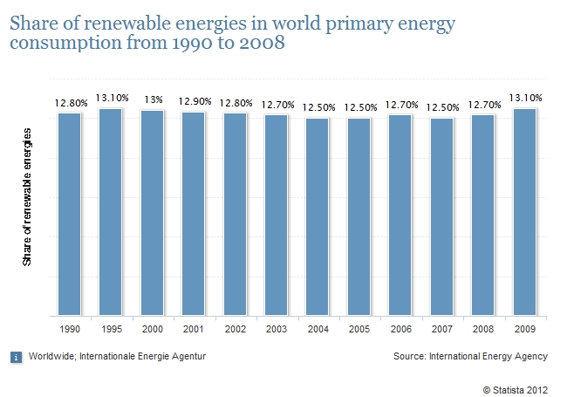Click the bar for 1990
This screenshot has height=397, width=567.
point(69,214)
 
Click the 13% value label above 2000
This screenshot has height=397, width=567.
point(152,99)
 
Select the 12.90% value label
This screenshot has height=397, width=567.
point(194,102)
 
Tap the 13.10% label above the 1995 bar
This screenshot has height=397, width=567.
point(111,98)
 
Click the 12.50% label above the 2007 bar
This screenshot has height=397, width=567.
point(441,106)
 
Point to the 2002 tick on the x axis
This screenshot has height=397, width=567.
point(235,330)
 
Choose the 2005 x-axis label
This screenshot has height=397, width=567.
point(359,330)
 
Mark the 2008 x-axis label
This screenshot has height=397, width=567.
point(482,330)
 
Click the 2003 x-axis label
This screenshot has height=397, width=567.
point(276,330)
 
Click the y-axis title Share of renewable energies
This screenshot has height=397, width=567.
point(27,196)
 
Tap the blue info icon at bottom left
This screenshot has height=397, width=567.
point(15,356)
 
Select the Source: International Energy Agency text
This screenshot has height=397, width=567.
point(470,356)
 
